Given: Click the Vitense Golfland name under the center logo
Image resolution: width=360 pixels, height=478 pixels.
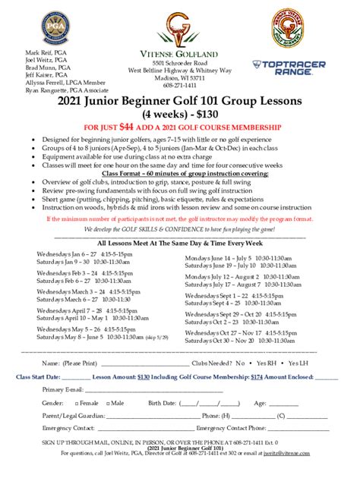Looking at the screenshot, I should tap(179, 52).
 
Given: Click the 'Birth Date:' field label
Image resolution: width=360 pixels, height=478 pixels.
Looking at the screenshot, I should tap(163, 403).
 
